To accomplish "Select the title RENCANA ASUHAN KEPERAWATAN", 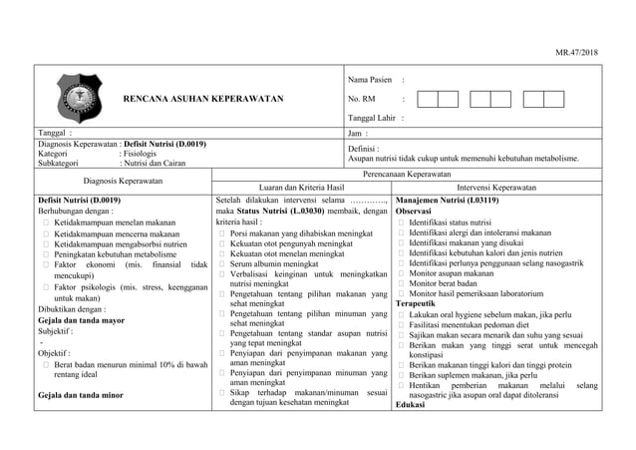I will [202, 100].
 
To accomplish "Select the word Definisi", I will [365, 148].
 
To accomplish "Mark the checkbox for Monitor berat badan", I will [401, 283].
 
